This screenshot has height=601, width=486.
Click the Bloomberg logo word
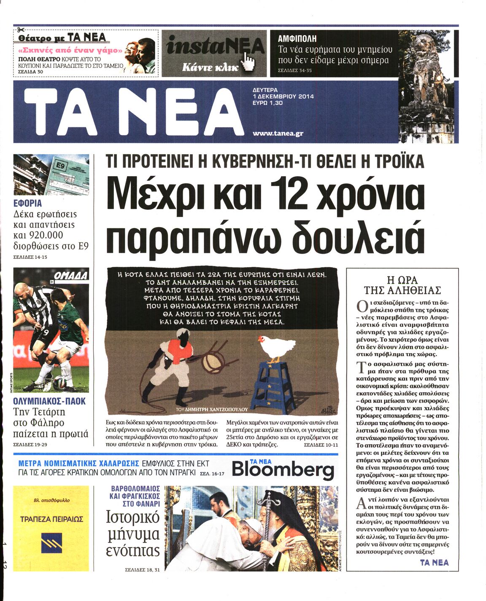283,469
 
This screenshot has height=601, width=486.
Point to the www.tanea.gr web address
278,133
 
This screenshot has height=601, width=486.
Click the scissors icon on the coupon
20,30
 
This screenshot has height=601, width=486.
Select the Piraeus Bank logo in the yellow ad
51,543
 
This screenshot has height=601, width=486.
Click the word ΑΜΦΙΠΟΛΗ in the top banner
297,39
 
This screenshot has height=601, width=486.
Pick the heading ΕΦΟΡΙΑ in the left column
27,203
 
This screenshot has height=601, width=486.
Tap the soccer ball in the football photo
58,384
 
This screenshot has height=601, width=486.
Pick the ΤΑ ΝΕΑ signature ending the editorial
434,562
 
